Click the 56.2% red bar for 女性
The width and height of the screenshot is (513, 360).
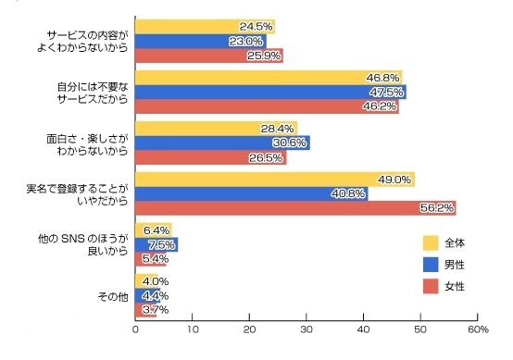click(295, 207)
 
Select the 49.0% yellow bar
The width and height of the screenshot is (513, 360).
click(275, 180)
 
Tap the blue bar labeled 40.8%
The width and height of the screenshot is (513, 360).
click(251, 193)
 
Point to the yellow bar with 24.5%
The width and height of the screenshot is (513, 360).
click(205, 27)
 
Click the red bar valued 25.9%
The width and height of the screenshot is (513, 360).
click(209, 56)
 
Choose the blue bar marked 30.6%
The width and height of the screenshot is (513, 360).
click(222, 143)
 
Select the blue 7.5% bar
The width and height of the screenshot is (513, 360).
click(156, 244)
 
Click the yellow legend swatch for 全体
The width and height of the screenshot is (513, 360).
click(430, 243)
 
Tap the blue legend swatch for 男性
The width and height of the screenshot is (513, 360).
click(430, 266)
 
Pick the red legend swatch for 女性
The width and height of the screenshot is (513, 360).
click(430, 287)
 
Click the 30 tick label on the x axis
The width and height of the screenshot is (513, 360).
click(307, 329)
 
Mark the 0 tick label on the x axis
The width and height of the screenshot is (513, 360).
click(136, 329)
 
